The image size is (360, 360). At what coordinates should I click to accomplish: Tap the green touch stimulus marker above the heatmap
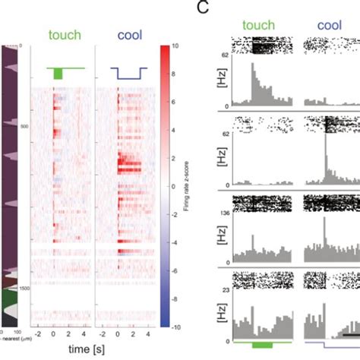58,73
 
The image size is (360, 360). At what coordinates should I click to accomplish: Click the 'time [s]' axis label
90,351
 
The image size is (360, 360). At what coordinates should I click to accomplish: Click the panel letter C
202,8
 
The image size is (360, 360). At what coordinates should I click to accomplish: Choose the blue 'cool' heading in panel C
329,24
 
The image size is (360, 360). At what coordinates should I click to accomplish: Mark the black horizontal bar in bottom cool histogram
346,333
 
